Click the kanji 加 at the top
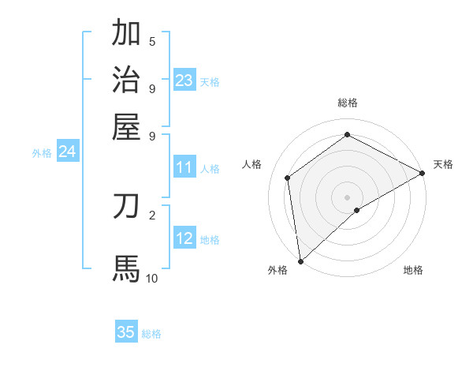coord(126,34)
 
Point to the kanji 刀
coord(126,207)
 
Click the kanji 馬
coord(126,268)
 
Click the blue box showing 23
coord(184,80)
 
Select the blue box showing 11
coord(184,167)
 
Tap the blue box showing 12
coord(184,238)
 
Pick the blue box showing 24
coord(68,152)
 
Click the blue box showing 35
coord(126,332)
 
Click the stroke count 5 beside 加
coord(152,42)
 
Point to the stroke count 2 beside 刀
coord(152,215)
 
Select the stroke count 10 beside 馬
coord(151,278)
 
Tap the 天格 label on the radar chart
coord(443,164)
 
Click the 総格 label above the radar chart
coord(348,103)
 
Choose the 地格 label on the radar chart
coord(413,270)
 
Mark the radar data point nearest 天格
coord(423,174)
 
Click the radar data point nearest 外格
coord(300,260)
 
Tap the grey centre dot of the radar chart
coord(348,197)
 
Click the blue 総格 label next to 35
coord(151,334)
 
